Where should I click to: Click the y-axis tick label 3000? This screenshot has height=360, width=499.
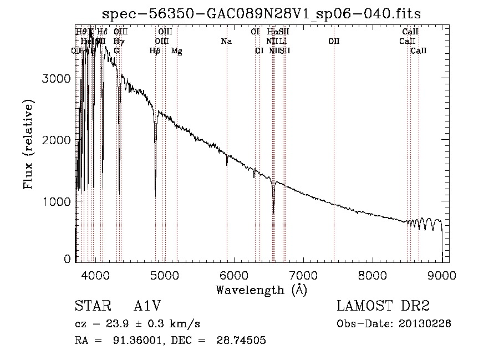coord(57,79)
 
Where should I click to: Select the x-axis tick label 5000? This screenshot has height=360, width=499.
coord(164,275)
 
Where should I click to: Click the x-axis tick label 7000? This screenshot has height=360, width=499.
coord(303,275)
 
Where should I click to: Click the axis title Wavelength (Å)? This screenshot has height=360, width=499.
coord(261,290)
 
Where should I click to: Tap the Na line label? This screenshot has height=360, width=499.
coord(226,42)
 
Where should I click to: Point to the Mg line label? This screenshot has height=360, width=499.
coord(176,51)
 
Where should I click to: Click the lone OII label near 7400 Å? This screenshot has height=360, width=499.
coord(333,42)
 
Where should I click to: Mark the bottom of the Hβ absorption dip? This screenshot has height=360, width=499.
coord(155,195)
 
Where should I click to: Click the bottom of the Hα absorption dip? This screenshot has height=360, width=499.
coord(273,212)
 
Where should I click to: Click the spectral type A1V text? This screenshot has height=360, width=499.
coord(149,306)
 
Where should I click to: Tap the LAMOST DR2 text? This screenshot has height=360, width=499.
coord(383,306)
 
